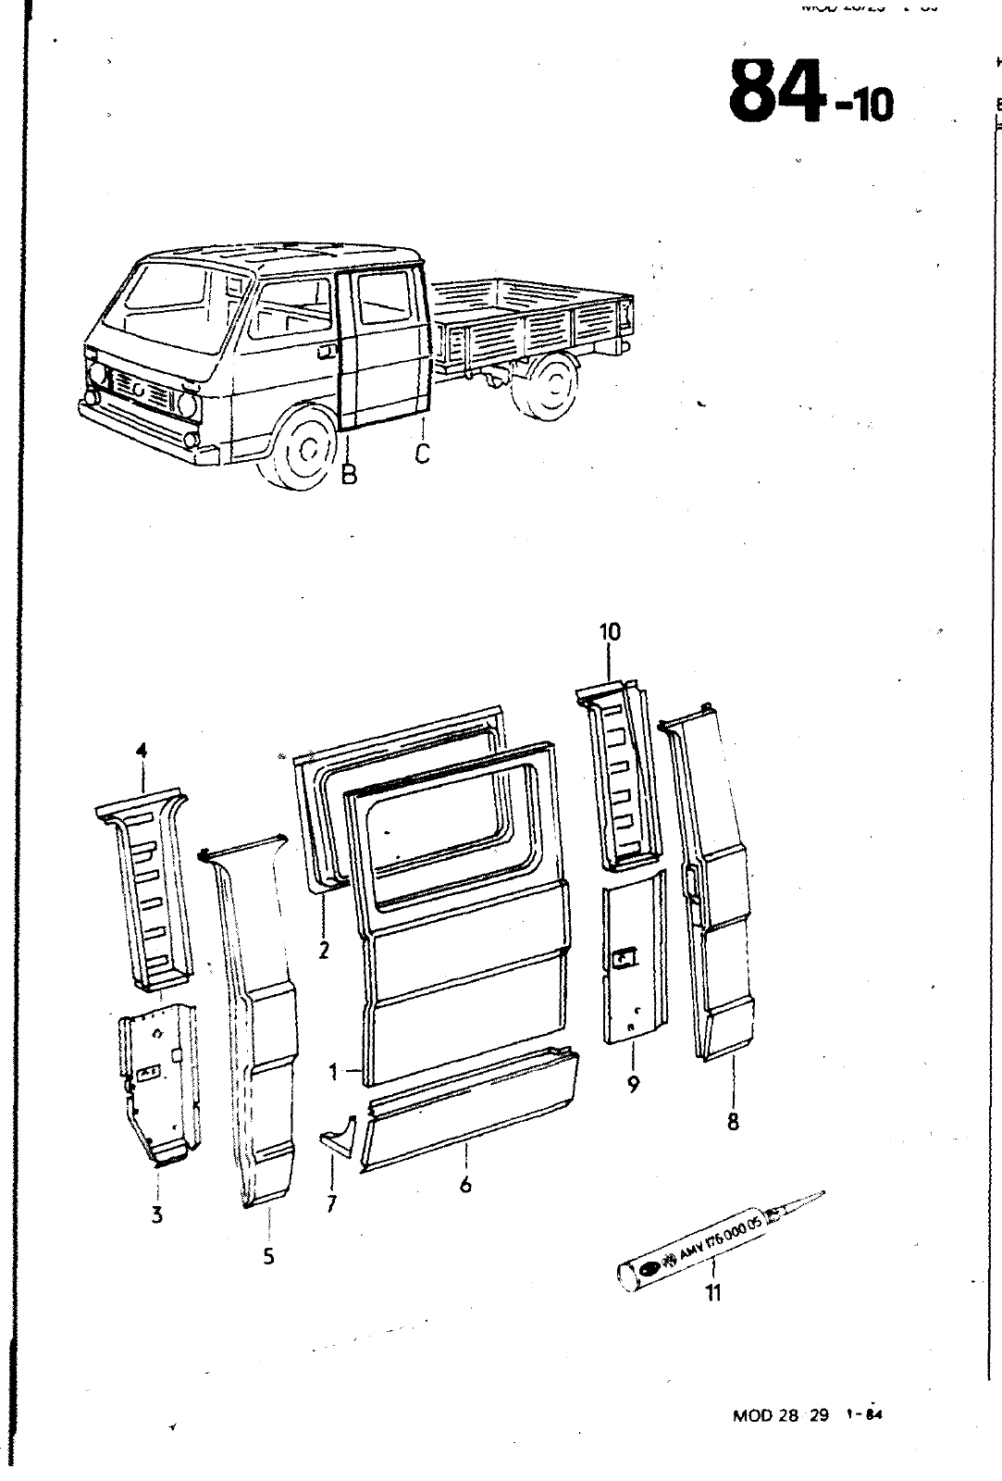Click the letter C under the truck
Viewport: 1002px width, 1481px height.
click(422, 454)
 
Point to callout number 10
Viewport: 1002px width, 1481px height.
click(610, 632)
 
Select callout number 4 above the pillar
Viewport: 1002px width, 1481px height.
click(142, 752)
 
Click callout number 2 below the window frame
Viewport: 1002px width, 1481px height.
click(324, 950)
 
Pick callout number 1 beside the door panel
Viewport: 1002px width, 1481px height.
click(333, 1072)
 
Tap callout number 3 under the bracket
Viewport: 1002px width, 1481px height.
click(157, 1214)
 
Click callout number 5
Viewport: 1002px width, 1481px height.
click(268, 1256)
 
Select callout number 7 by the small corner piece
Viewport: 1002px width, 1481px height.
click(331, 1203)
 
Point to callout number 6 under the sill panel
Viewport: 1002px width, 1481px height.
click(465, 1184)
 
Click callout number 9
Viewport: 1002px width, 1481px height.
click(633, 1084)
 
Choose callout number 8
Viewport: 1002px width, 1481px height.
click(733, 1122)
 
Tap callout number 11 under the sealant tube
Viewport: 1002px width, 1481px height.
click(712, 1293)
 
